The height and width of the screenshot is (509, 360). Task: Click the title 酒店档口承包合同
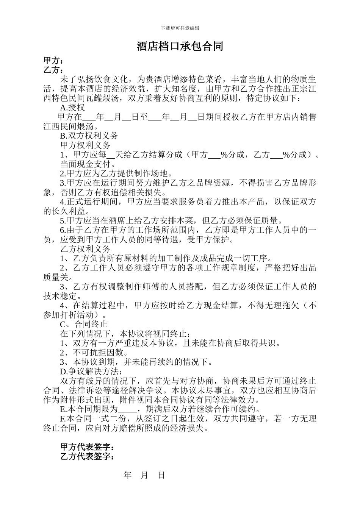point(180,47)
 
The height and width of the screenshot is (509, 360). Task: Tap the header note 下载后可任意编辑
point(180,28)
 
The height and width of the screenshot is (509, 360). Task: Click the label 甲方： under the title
point(53,61)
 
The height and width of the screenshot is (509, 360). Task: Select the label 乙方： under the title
point(53,70)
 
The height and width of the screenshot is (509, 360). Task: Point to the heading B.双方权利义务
point(89,136)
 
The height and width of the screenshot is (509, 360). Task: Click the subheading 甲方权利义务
point(86,145)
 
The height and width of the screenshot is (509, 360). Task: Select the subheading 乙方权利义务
point(86,249)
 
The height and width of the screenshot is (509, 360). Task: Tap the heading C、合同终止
point(84,324)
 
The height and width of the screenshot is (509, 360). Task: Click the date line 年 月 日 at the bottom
point(145,476)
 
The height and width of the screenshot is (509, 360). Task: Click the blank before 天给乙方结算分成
point(111,155)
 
